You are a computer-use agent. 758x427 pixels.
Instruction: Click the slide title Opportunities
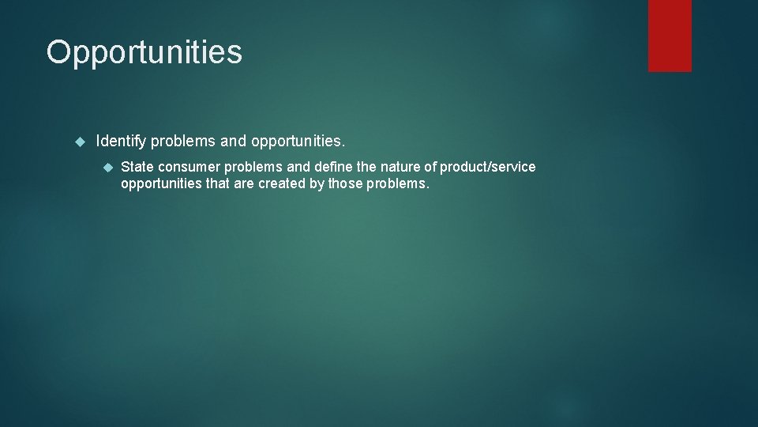pyautogui.click(x=144, y=53)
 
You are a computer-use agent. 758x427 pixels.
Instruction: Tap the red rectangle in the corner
pyautogui.click(x=670, y=36)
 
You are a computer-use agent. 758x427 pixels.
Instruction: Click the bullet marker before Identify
pyautogui.click(x=78, y=142)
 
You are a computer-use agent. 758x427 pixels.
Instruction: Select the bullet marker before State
pyautogui.click(x=109, y=167)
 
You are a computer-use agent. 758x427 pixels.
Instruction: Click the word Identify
pyautogui.click(x=121, y=142)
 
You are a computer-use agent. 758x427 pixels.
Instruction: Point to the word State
pyautogui.click(x=137, y=167)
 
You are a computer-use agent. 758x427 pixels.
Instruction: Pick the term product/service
pyautogui.click(x=487, y=167)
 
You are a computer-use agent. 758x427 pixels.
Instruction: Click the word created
pyautogui.click(x=280, y=184)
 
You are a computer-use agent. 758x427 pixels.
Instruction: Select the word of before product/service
pyautogui.click(x=431, y=167)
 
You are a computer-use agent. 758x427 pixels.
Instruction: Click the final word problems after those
pyautogui.click(x=398, y=184)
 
